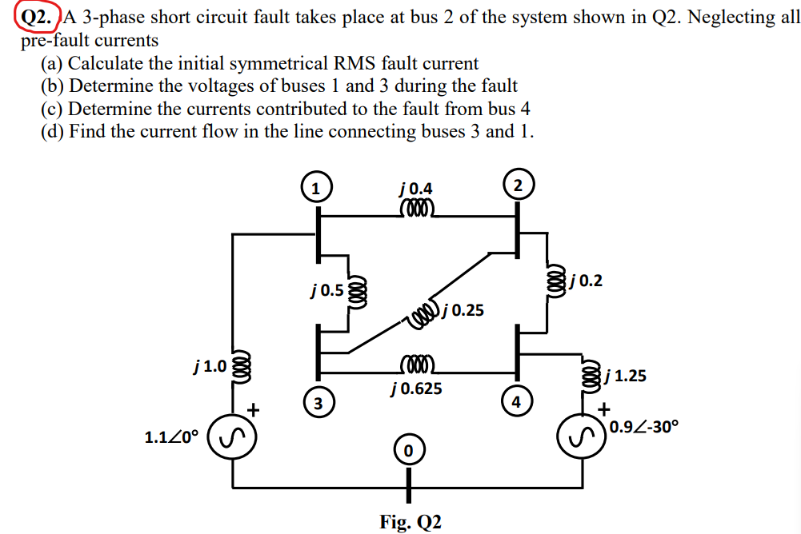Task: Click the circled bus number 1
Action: [317, 189]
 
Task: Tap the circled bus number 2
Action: [518, 185]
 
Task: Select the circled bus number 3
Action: [318, 402]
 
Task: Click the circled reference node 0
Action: [408, 452]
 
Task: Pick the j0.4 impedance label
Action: [415, 189]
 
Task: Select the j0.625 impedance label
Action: [416, 389]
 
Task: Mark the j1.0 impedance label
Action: [210, 368]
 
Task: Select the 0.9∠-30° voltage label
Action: [643, 427]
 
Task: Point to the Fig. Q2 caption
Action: [410, 521]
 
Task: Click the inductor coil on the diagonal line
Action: [425, 315]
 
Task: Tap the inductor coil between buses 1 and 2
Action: [415, 209]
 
